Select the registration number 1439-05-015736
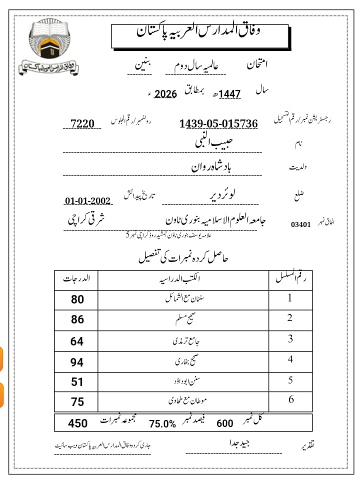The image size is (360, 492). click(x=218, y=123)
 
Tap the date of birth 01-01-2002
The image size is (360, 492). click(x=88, y=201)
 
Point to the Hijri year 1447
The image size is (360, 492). click(x=230, y=94)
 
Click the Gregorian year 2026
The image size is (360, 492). click(x=165, y=94)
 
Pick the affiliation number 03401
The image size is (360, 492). click(x=300, y=224)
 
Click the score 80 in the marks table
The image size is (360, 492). click(x=77, y=299)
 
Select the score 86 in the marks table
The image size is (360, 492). click(x=77, y=319)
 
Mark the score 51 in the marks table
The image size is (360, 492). click(x=77, y=382)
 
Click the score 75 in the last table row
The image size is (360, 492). click(x=77, y=402)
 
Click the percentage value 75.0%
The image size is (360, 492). click(x=162, y=424)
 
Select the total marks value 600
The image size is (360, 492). click(x=225, y=423)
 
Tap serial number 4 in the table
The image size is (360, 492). click(x=290, y=359)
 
